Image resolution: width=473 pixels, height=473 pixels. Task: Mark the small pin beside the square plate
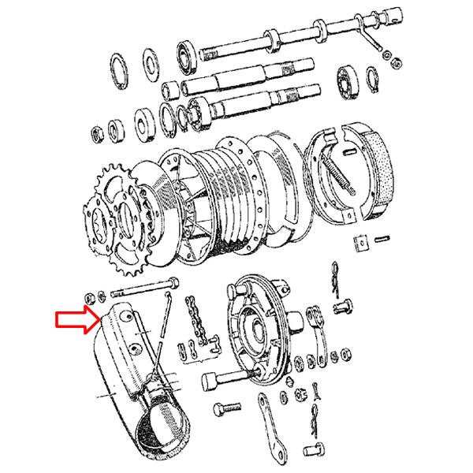coord(384,236)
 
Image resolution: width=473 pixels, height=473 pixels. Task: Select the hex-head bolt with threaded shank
coord(229,410)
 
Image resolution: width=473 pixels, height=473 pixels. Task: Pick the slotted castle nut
coord(299,391)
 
